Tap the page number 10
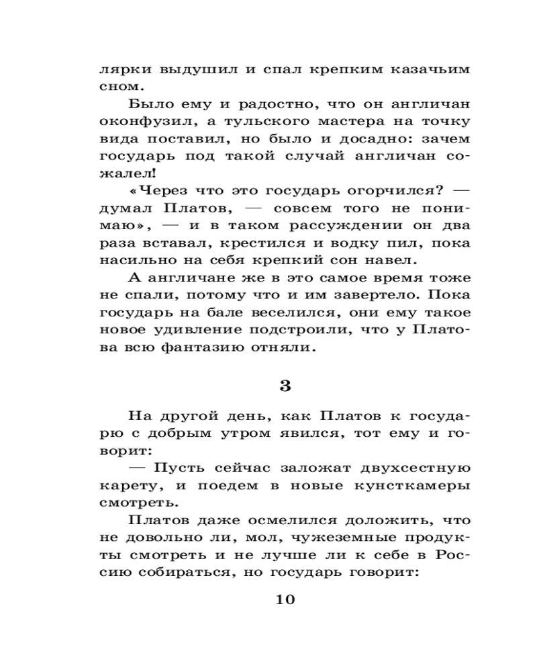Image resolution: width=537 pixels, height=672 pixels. (x=285, y=599)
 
